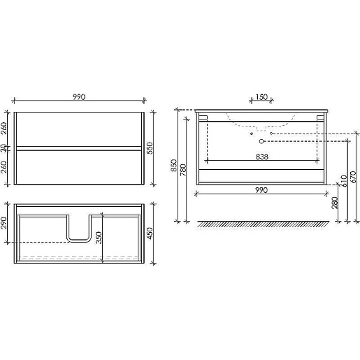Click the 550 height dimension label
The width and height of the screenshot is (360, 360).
pyautogui.click(x=150, y=148)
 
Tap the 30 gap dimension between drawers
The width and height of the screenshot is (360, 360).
pyautogui.click(x=4, y=147)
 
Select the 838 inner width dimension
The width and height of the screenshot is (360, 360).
pyautogui.click(x=262, y=157)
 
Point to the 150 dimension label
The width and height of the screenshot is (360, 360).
pyautogui.click(x=261, y=97)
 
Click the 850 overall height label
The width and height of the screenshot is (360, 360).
pyautogui.click(x=174, y=166)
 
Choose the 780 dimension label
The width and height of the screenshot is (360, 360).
pyautogui.click(x=183, y=170)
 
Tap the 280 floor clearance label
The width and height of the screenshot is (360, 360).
pyautogui.click(x=335, y=203)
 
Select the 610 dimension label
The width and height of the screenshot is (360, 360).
pyautogui.click(x=344, y=181)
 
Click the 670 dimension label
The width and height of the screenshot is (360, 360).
pyautogui.click(x=353, y=177)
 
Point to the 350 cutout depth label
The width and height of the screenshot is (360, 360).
pyautogui.click(x=99, y=238)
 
